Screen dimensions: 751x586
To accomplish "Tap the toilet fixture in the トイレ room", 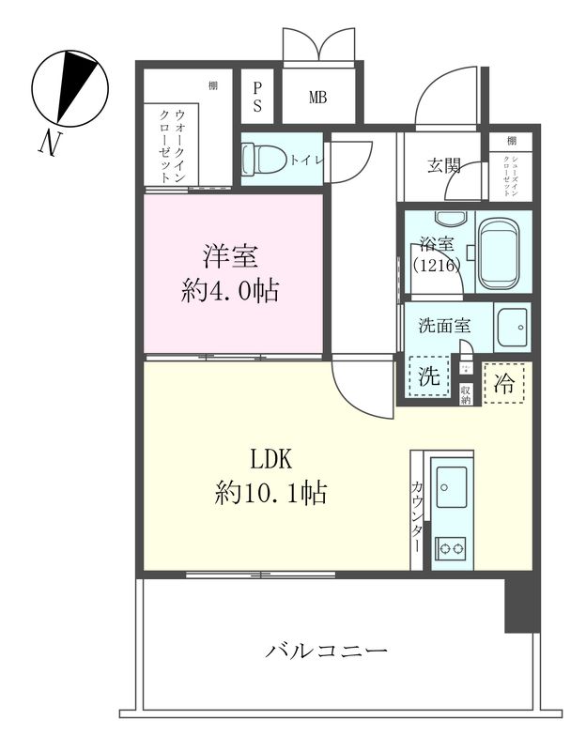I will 258,158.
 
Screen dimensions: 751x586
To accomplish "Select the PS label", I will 258,95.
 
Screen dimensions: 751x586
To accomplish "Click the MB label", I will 317,96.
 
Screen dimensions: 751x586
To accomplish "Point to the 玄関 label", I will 444,166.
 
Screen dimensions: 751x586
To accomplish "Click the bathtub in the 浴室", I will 503,253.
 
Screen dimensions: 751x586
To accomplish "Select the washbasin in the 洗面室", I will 513,327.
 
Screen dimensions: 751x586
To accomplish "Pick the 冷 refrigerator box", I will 505,383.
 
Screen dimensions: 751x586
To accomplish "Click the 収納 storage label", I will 465,391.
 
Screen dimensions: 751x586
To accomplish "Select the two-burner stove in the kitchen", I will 452,548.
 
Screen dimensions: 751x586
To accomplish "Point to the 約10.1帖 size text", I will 270,492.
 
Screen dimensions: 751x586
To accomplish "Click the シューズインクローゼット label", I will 512,169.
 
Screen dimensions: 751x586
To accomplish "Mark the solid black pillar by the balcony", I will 518,605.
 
